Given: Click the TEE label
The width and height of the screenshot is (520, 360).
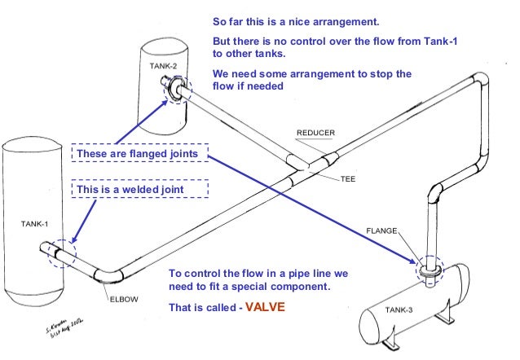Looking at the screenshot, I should [348, 179].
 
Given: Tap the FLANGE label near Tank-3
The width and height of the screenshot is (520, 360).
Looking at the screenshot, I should [381, 231].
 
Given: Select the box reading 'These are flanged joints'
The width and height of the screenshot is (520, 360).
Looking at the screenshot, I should [140, 153].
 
